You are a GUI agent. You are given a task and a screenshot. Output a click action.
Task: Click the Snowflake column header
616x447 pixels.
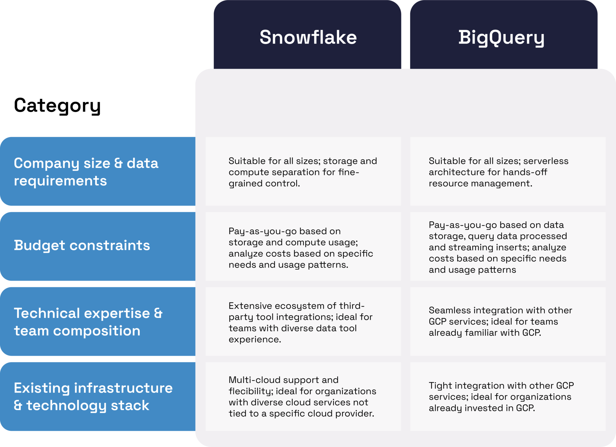pos(308,37)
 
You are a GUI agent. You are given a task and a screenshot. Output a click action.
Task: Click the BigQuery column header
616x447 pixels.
pos(501,37)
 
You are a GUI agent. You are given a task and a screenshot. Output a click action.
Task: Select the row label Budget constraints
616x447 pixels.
pos(82,245)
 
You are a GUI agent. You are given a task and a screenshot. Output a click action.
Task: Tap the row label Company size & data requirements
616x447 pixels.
pos(86,172)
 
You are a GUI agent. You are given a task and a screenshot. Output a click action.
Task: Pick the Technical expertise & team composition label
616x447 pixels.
pos(88,322)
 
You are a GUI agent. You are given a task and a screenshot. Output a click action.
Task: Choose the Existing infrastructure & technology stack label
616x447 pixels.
pos(93,396)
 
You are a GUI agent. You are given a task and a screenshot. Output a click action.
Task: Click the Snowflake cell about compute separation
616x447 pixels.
pos(303,172)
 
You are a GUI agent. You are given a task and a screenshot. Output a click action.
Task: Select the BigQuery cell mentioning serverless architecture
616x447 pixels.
pos(508,172)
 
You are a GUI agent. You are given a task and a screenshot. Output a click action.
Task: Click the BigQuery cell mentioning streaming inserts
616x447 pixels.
pos(508,247)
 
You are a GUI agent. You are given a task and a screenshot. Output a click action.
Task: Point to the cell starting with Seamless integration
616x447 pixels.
pos(508,321)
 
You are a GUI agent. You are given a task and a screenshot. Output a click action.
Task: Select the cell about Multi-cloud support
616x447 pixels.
pos(303,396)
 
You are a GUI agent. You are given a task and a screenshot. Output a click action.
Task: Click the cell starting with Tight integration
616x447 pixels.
pos(508,396)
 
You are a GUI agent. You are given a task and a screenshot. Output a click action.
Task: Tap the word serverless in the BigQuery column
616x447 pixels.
pos(546,161)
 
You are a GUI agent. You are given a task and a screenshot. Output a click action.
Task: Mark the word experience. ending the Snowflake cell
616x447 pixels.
pos(255,340)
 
